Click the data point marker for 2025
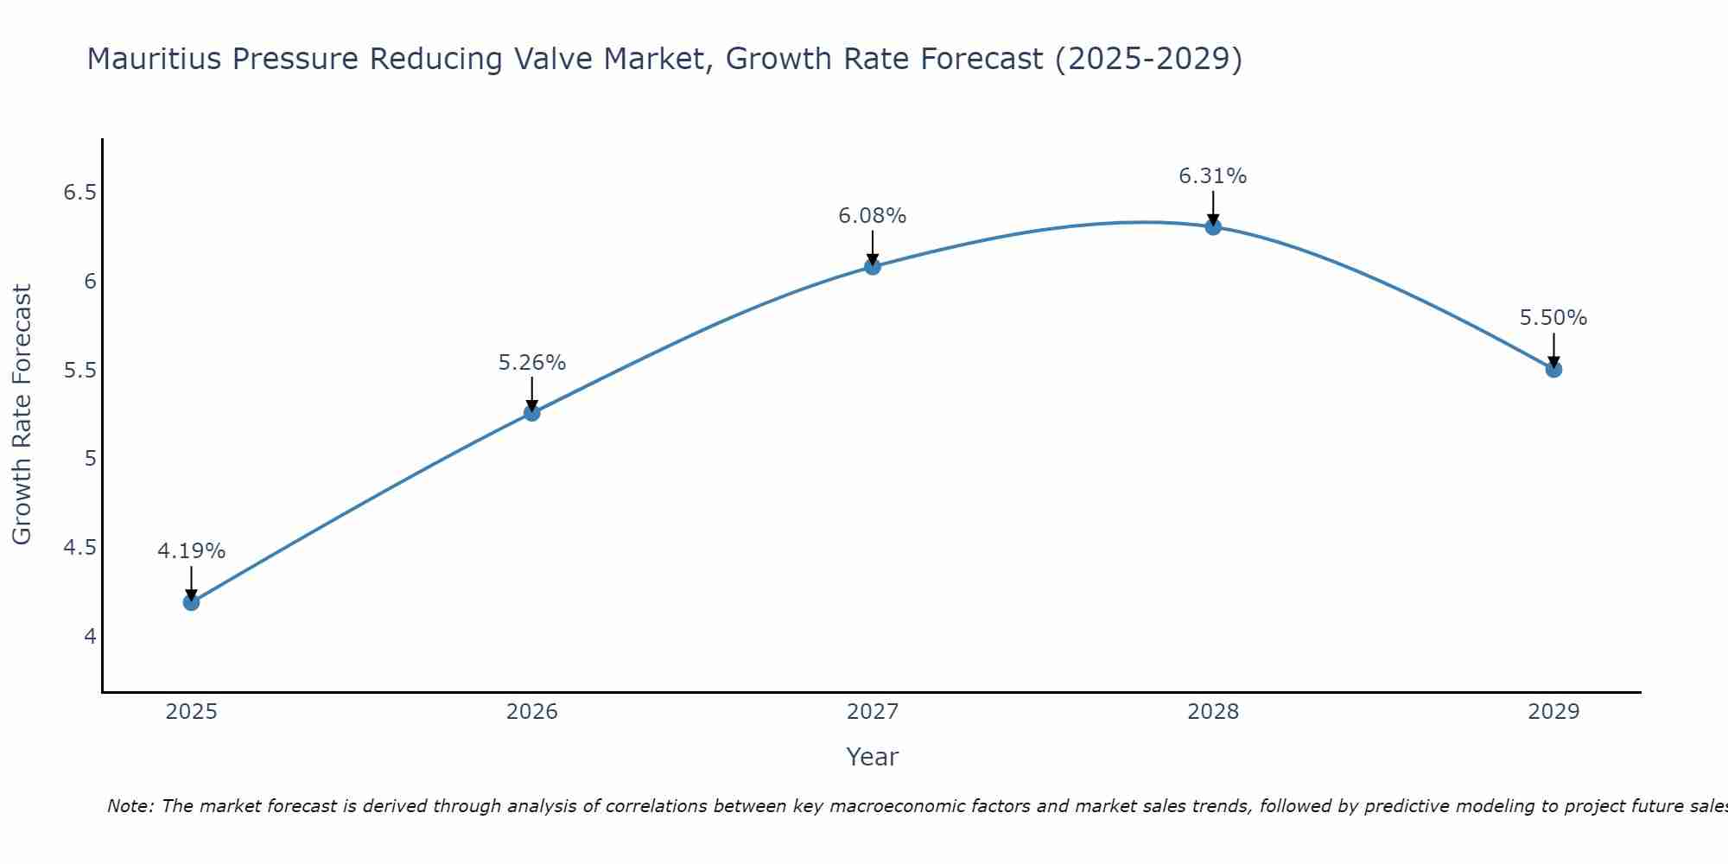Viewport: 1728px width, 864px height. point(192,602)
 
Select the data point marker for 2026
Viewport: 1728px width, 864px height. point(532,413)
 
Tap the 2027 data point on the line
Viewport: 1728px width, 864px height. point(873,267)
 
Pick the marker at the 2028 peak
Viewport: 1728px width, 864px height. point(1213,227)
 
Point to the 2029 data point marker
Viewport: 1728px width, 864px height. point(1553,370)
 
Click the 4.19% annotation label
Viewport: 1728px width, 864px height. point(192,551)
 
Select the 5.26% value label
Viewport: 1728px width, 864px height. point(532,363)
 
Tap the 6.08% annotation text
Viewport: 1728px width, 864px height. point(873,216)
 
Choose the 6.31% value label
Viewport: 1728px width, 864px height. point(1213,176)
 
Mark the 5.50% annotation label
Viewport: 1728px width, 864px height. point(1553,318)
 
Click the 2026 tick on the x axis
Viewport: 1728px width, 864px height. point(532,712)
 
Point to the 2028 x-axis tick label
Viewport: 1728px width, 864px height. point(1213,712)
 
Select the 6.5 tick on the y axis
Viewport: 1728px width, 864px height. point(79,193)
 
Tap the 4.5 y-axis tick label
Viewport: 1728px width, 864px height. point(79,548)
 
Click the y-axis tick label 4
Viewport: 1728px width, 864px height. point(90,637)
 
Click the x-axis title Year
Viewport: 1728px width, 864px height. point(873,757)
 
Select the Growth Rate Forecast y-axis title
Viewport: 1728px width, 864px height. point(22,415)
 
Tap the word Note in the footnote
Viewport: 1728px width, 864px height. point(130,806)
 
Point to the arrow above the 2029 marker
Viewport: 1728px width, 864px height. point(1553,350)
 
